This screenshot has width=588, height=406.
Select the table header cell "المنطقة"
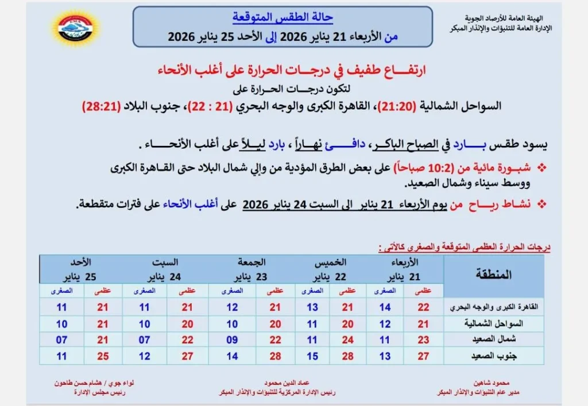point(493,274)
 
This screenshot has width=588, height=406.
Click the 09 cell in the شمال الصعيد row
point(231,339)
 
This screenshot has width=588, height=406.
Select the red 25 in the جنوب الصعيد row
point(103,355)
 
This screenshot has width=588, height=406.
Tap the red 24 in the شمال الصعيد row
point(347,339)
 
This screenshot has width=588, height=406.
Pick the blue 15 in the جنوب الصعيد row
point(312,355)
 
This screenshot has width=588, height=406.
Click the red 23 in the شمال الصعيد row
point(423,339)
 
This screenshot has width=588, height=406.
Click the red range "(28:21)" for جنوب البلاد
point(101,106)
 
